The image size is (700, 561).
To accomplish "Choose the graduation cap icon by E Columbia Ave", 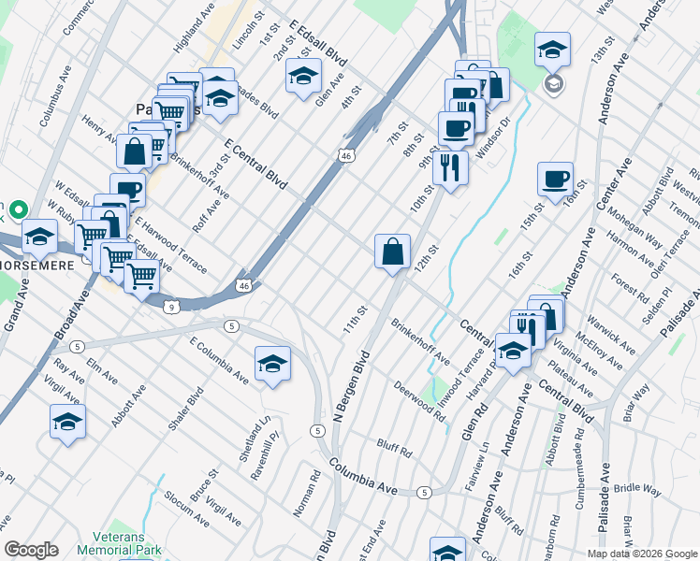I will point(272,362).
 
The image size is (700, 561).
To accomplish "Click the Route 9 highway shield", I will point(169,306).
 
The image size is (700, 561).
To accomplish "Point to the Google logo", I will point(31,550).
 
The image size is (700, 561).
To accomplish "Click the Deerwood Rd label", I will point(418,399).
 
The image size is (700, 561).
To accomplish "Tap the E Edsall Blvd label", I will point(318,43).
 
